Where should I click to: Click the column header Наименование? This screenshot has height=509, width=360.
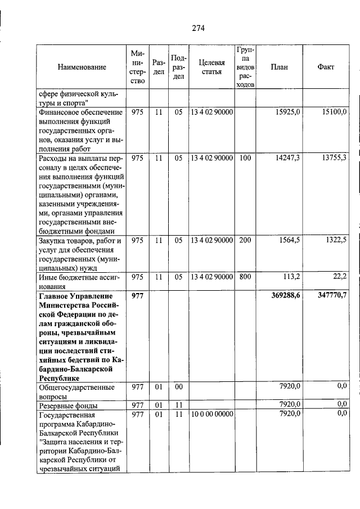82,67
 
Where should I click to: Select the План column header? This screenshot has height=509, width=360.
279,67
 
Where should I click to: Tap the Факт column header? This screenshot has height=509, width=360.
326,67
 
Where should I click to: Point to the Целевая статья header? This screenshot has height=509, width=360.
211,67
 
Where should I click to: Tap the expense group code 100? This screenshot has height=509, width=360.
245,158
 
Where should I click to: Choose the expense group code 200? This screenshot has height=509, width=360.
245,240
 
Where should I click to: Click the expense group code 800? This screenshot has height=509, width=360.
245,276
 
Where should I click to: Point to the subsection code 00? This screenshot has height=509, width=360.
178,386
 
